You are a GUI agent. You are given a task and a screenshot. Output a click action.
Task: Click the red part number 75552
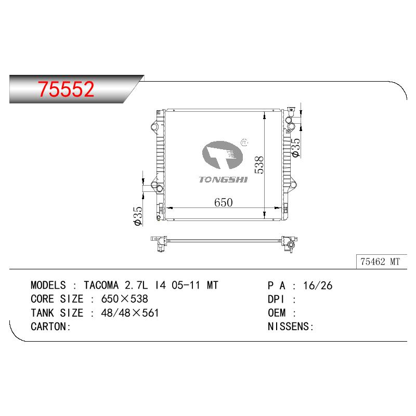point(66,89)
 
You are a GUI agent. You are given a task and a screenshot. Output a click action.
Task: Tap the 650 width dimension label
point(224,202)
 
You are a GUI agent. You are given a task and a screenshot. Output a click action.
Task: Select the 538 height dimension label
point(259,165)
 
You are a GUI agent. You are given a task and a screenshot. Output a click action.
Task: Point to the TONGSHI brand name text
point(224,179)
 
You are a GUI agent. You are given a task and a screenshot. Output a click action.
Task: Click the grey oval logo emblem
point(223,155)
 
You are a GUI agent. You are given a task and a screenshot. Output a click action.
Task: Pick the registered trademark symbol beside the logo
point(244,142)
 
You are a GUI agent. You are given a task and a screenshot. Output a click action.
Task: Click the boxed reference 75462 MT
point(380,262)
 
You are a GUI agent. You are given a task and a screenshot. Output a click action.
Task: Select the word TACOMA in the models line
point(101,285)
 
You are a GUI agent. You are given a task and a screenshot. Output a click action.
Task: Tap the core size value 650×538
point(124,299)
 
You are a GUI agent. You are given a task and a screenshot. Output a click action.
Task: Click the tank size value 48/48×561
point(129,313)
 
